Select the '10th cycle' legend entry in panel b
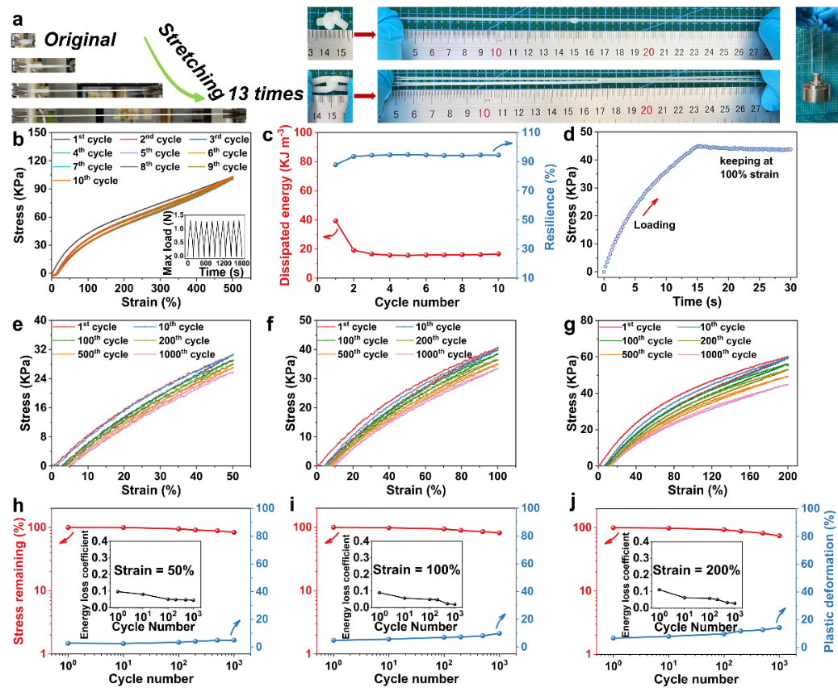(x=90, y=181)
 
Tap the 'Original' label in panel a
(x=80, y=40)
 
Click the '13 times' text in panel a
(x=266, y=94)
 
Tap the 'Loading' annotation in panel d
(x=653, y=225)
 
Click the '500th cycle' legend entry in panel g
(x=639, y=354)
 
